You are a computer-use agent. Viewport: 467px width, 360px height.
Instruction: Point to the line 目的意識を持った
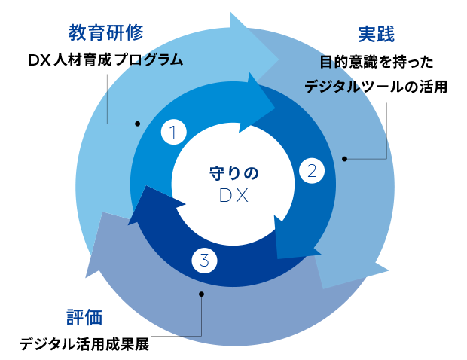(x=375, y=62)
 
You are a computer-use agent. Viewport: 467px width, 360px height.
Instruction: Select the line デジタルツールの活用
(x=376, y=87)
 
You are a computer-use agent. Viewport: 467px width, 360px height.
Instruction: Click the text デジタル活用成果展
(x=84, y=345)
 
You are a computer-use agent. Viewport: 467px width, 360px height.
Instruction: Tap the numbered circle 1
(x=173, y=133)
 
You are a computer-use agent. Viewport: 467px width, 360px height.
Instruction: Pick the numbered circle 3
(x=205, y=261)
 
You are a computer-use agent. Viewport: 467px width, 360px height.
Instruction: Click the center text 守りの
(x=233, y=172)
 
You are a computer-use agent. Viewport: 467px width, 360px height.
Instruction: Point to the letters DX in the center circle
(x=233, y=196)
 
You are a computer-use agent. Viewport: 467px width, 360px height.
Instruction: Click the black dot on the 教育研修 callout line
(x=137, y=123)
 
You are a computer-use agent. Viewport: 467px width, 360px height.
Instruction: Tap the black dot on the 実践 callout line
(x=345, y=158)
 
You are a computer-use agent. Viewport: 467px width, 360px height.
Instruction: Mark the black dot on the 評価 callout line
(x=200, y=294)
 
